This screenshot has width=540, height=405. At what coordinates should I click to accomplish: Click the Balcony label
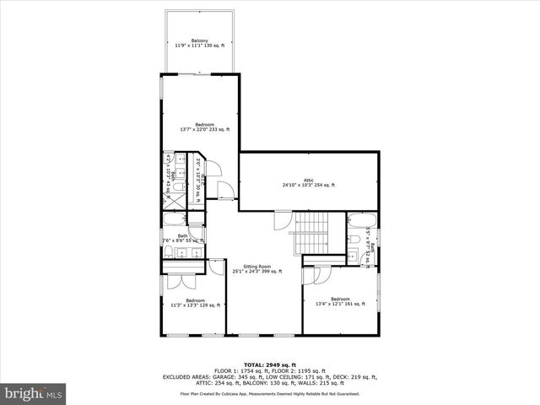(x=200, y=43)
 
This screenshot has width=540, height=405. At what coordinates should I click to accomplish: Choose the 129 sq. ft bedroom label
(x=195, y=303)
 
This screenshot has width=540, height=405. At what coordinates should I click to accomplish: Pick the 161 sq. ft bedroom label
(x=340, y=301)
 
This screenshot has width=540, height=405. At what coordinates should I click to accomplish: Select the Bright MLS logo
(x=33, y=393)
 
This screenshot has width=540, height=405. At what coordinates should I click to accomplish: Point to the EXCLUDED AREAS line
(x=270, y=376)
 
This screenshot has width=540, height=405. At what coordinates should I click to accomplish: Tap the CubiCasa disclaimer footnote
(x=270, y=394)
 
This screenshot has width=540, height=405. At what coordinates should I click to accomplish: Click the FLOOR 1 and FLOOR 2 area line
(x=270, y=370)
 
